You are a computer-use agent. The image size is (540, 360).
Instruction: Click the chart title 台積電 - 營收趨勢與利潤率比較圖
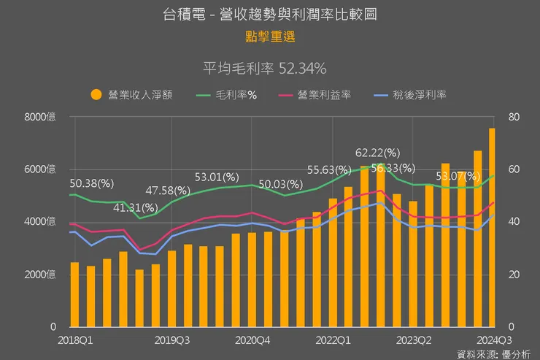pyautogui.click(x=270, y=14)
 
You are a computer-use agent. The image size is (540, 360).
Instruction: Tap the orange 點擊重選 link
pyautogui.click(x=270, y=35)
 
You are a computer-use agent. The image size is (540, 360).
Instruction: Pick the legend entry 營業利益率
pyautogui.click(x=325, y=95)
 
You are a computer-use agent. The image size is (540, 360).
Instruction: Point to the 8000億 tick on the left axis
pyautogui.click(x=40, y=117)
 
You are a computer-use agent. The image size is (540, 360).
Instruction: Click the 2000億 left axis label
pyautogui.click(x=40, y=275)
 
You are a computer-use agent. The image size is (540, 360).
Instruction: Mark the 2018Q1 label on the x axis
pyautogui.click(x=75, y=340)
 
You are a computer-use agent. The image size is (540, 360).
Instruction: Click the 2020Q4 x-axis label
pyautogui.click(x=253, y=340)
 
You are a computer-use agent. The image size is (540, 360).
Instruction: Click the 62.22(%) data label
pyautogui.click(x=378, y=153)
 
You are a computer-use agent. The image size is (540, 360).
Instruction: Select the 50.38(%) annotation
pyautogui.click(x=92, y=183)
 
